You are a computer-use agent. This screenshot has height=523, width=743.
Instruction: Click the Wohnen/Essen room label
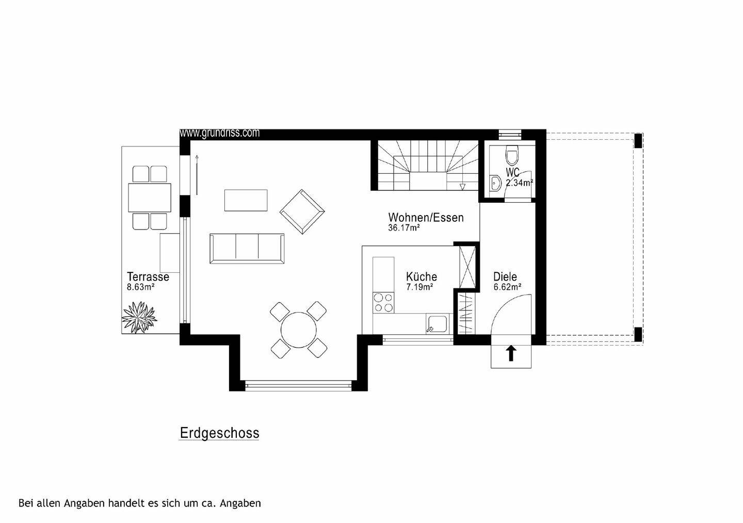tap(426, 218)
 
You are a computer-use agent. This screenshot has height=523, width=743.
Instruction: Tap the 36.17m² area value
tap(403, 227)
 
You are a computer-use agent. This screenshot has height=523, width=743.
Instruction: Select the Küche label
tap(421, 276)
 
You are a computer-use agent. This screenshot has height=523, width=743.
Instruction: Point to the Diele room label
tap(505, 276)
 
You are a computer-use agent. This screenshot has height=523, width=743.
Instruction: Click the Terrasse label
tap(148, 276)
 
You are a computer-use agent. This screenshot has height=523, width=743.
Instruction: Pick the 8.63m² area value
tap(141, 287)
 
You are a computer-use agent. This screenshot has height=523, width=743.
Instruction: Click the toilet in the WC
tap(512, 154)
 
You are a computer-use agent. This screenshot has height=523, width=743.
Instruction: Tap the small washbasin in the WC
tap(495, 183)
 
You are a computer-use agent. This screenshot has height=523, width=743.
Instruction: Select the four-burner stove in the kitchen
tap(383, 302)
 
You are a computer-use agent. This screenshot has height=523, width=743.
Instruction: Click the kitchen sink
tap(438, 324)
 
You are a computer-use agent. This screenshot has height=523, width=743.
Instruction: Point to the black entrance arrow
tap(511, 353)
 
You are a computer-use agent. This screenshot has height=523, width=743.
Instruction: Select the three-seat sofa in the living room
tap(247, 248)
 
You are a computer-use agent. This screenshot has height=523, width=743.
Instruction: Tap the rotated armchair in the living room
tap(302, 212)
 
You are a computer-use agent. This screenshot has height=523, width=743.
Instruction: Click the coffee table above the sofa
tap(246, 200)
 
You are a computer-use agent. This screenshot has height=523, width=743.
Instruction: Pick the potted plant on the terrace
tap(139, 317)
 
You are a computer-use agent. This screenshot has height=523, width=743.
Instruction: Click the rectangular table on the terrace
tap(150, 198)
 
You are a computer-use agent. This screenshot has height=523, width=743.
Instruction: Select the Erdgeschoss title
tap(219, 433)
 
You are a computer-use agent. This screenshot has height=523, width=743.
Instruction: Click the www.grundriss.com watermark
tap(220, 133)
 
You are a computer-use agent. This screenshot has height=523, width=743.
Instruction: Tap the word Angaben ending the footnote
tap(240, 503)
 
